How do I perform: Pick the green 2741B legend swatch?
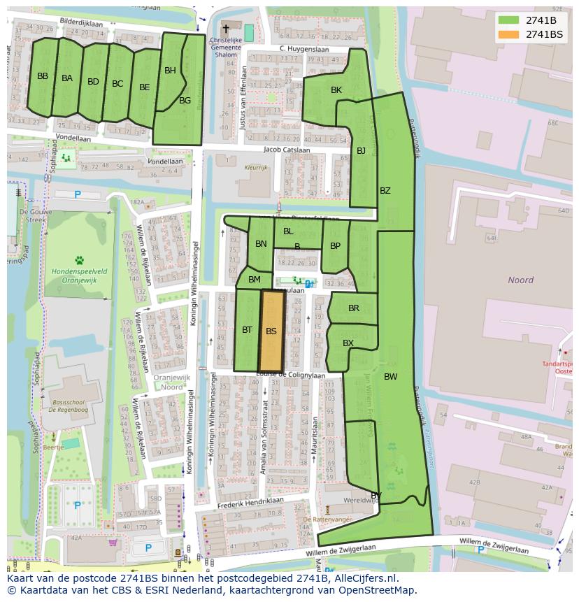[x=508, y=20]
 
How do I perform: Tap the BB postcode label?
[x=43, y=76]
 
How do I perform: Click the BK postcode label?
[x=336, y=90]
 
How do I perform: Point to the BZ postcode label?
[x=385, y=191]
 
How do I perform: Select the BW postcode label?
[x=390, y=376]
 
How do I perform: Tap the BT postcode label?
[x=247, y=330]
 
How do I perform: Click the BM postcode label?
[x=255, y=280]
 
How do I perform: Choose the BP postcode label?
[x=335, y=246]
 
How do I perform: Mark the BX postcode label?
[x=348, y=343]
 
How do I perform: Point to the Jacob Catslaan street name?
[x=287, y=150]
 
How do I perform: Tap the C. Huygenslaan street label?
[x=303, y=48]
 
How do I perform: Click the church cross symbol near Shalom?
[x=225, y=29]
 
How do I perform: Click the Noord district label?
[x=520, y=280]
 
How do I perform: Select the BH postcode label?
[x=170, y=71]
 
